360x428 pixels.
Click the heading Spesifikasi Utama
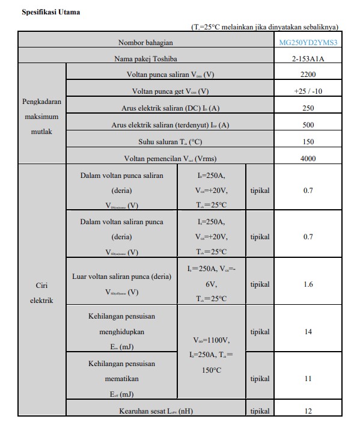(50, 12)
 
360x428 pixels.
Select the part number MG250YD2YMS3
(308, 43)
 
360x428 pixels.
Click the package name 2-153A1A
(308, 59)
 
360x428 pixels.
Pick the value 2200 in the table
(308, 75)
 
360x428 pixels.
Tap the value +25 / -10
(308, 91)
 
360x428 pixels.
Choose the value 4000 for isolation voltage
(308, 159)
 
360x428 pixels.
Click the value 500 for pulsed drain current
(308, 125)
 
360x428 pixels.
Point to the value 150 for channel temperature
(308, 142)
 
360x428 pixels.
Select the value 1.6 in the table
(308, 284)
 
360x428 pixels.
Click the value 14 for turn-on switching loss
(308, 332)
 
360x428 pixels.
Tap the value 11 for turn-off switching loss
(308, 379)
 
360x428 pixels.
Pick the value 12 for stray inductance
(308, 411)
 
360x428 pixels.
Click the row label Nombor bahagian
(145, 43)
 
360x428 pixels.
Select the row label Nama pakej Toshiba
(145, 59)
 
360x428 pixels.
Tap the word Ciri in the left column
(41, 286)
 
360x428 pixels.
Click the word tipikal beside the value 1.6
(260, 284)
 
